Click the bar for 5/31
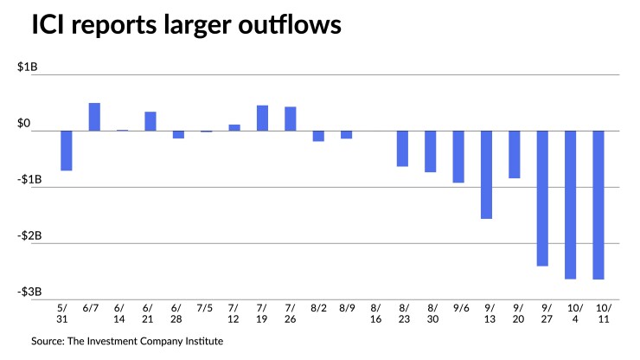[x=66, y=151]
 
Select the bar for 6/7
[x=94, y=117]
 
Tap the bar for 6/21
[x=150, y=121]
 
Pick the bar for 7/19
[x=262, y=118]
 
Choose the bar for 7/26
[x=291, y=119]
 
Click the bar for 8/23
[x=403, y=148]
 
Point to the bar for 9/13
[x=487, y=175]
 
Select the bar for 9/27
[x=543, y=198]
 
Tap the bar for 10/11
[x=598, y=205]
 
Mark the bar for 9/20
[x=515, y=154]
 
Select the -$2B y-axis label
[x=38, y=236]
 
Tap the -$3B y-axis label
[x=38, y=292]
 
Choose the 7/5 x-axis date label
[x=206, y=307]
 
